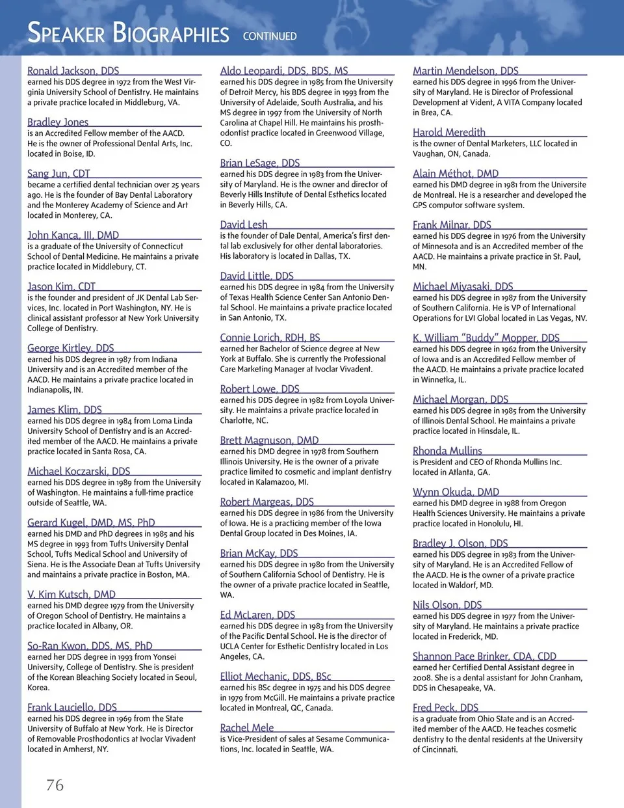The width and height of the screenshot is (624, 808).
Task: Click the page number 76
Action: tap(55, 785)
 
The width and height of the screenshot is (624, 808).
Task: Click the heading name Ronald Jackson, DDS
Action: tap(73, 70)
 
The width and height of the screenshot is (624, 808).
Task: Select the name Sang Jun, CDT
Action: tap(58, 173)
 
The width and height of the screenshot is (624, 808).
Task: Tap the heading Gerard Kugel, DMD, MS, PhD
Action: tap(91, 522)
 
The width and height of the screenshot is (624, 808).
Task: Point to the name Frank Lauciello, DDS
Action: tap(72, 707)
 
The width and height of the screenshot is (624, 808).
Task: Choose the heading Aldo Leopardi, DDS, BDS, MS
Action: tap(284, 70)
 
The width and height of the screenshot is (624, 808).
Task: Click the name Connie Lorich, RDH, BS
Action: tap(270, 338)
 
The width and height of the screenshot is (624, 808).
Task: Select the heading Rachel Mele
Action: tap(247, 727)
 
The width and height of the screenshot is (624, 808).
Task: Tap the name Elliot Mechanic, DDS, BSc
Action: tap(276, 677)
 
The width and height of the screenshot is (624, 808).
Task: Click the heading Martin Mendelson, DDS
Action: tap(465, 70)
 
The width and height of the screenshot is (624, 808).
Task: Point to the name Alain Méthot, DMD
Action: tap(456, 173)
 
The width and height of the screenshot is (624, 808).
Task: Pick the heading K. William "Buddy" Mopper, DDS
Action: tap(486, 338)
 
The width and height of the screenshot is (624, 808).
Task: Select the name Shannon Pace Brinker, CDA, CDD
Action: tap(484, 656)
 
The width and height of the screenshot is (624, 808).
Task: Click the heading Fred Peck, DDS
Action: tap(445, 707)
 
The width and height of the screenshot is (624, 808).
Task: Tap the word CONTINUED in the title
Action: tap(270, 36)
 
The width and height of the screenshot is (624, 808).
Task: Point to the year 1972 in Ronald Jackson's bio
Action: tap(124, 82)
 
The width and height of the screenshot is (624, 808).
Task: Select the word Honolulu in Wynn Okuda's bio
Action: tap(493, 523)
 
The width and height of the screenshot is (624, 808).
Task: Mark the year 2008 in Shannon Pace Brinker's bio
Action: tap(422, 677)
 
